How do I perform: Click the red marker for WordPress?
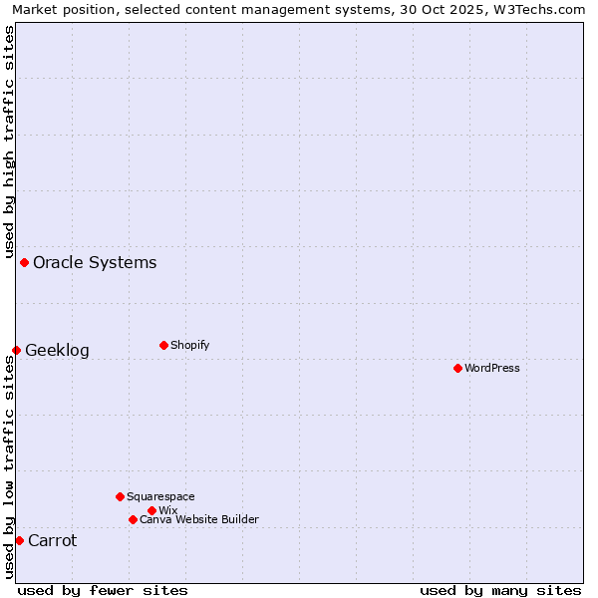click(457, 368)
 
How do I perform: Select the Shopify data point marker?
click(163, 345)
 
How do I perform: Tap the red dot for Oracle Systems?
click(24, 262)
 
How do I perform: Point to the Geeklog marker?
click(16, 350)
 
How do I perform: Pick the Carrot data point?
click(19, 540)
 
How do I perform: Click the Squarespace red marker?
click(120, 496)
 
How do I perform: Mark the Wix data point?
click(151, 510)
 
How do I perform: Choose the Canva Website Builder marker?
click(133, 519)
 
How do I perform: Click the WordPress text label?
click(492, 368)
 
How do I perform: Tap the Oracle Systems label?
click(95, 263)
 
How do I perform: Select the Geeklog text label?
click(57, 351)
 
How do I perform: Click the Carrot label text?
click(52, 541)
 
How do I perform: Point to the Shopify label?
click(189, 345)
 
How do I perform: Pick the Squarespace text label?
click(160, 496)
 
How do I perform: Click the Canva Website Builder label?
click(199, 519)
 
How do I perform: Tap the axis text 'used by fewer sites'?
click(103, 590)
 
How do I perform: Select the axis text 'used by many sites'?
click(500, 590)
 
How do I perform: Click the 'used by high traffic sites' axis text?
click(9, 141)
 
